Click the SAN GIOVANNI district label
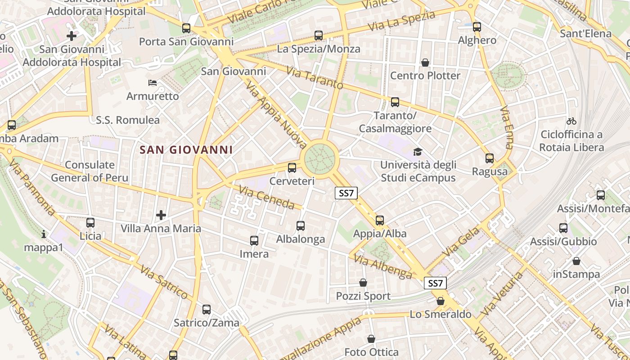(x=186, y=150)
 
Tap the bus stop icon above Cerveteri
(x=292, y=168)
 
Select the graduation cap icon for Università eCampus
(x=418, y=152)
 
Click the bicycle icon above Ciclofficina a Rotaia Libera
(x=571, y=121)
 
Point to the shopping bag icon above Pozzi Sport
(x=363, y=283)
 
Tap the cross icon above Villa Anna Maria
(x=161, y=215)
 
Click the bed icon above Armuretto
(x=153, y=83)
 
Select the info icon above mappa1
(x=44, y=234)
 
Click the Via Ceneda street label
(x=267, y=198)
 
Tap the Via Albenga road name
(x=383, y=266)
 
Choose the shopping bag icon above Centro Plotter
(x=425, y=62)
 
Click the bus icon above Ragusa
(x=490, y=158)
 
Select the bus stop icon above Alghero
(x=477, y=27)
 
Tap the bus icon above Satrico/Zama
(x=207, y=310)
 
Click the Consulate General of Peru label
(x=90, y=171)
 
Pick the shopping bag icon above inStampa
(x=576, y=261)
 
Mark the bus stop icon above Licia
(x=90, y=222)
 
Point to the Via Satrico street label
(x=164, y=282)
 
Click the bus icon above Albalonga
(x=301, y=226)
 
